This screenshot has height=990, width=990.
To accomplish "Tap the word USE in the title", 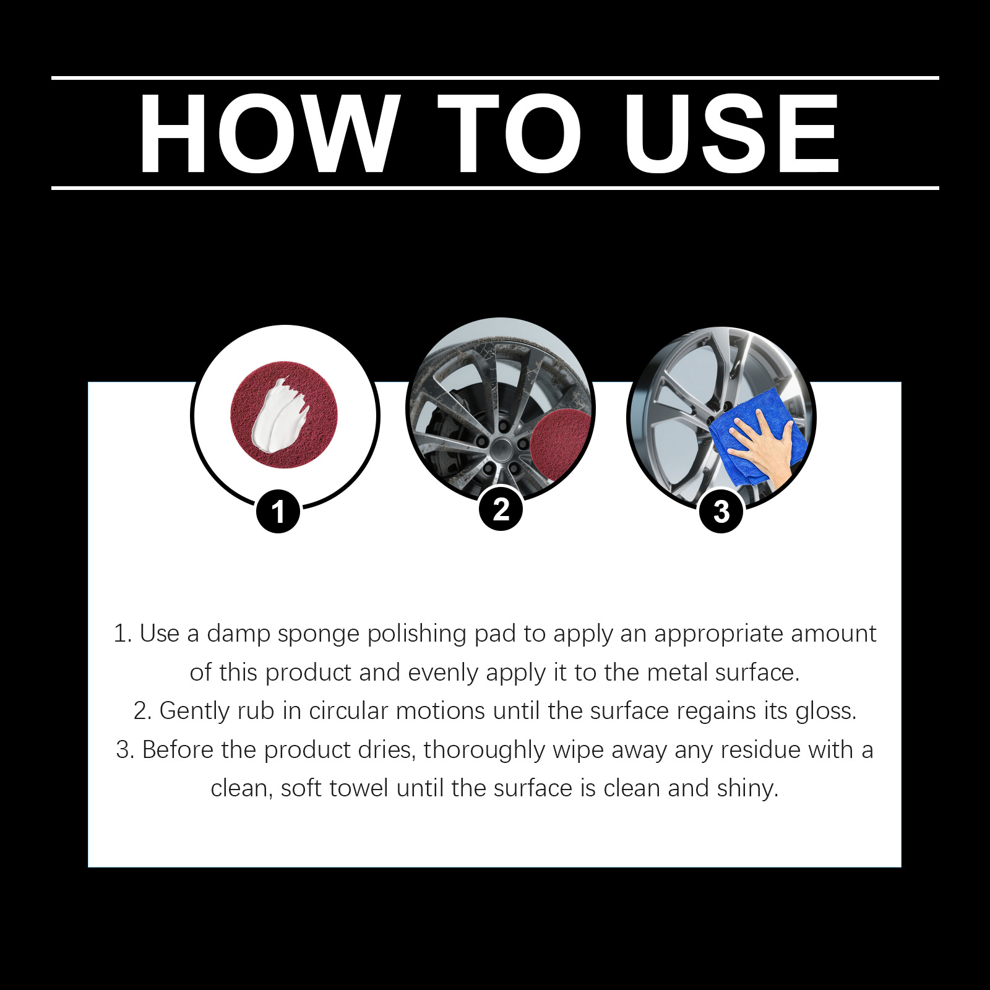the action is click(731, 134).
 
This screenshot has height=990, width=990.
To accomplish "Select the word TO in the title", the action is click(510, 134).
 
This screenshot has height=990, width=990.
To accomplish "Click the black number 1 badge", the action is click(278, 512).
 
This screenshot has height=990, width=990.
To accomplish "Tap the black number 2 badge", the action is click(501, 509).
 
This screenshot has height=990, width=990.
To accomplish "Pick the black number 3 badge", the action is click(721, 512).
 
